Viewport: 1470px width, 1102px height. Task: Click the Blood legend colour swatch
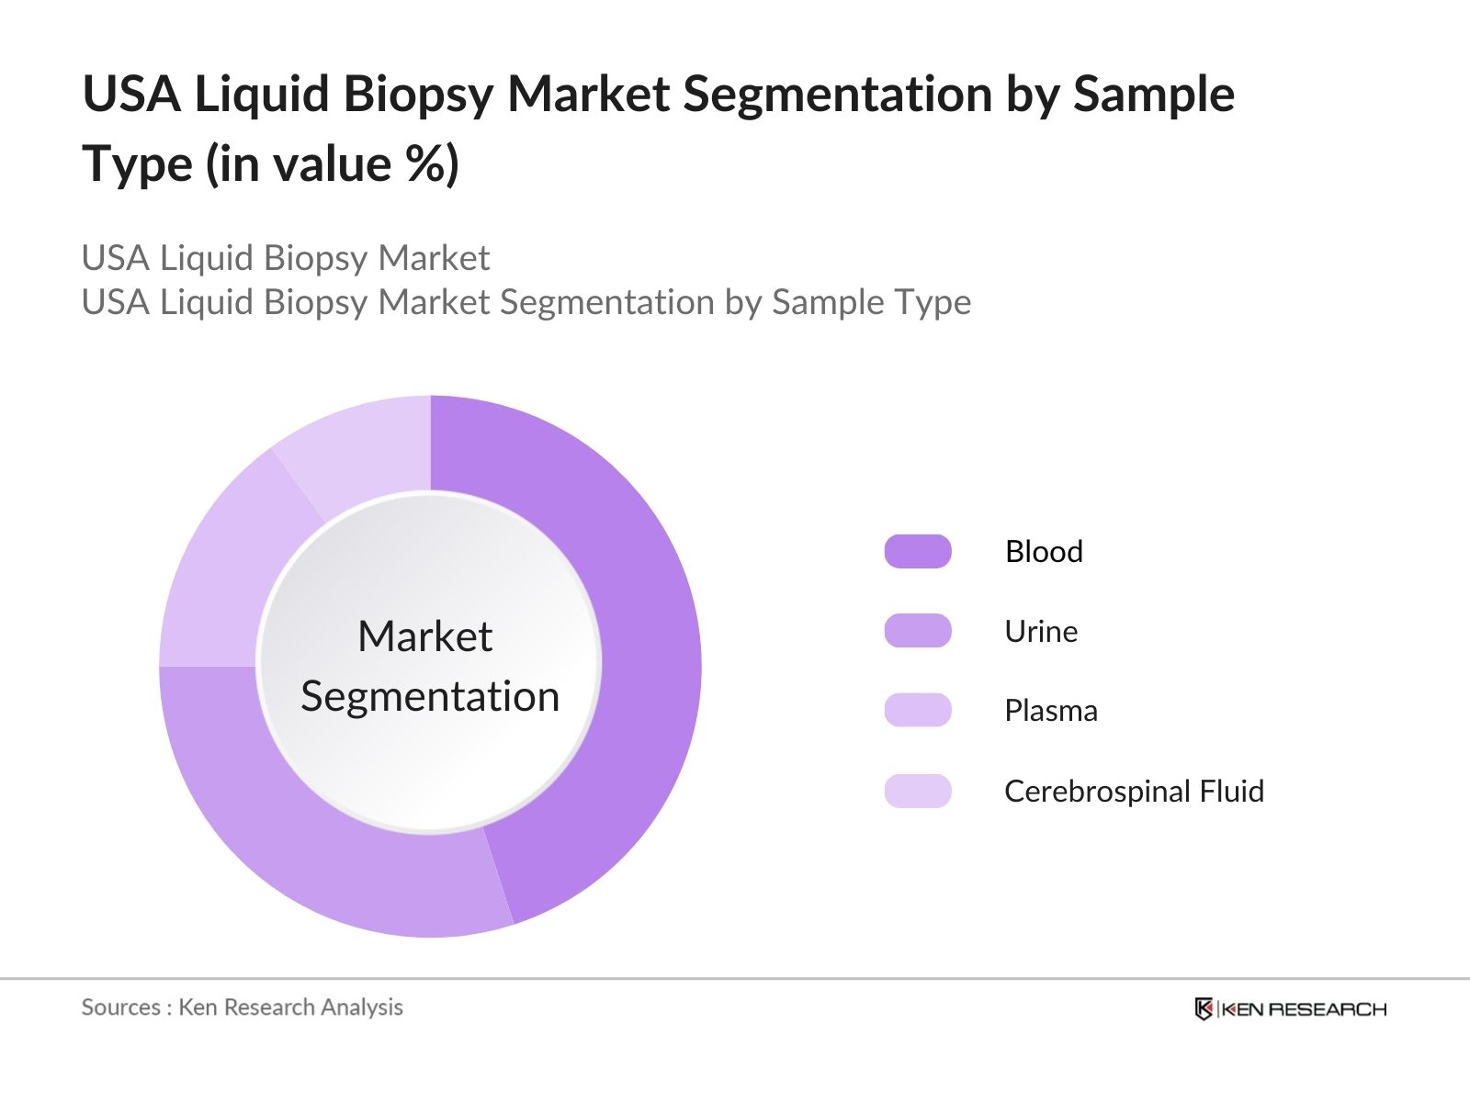pos(917,551)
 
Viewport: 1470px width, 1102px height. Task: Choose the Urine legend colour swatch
pos(917,631)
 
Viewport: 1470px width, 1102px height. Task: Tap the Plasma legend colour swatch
pos(917,711)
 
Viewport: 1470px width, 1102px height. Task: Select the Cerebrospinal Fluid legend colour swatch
pos(917,791)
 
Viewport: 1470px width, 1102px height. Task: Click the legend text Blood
pos(1044,551)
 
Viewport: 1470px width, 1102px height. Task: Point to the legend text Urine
pos(1041,631)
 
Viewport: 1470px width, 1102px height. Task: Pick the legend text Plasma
pos(1051,711)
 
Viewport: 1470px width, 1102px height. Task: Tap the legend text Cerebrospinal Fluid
pos(1134,791)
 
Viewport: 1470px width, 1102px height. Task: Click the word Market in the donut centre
pos(424,636)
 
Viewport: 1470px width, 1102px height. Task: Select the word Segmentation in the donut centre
pos(430,696)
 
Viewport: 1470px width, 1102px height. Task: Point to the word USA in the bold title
pos(131,94)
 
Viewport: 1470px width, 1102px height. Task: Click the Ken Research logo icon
pos(1204,1008)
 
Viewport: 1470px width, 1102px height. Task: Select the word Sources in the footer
pos(121,1007)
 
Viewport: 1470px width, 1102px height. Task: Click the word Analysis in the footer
pos(362,1007)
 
